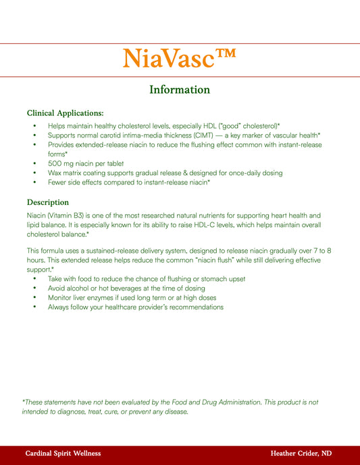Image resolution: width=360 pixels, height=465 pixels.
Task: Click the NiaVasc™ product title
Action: click(x=180, y=59)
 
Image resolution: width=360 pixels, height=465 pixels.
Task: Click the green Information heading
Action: click(x=180, y=90)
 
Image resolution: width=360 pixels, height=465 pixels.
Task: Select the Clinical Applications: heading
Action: click(x=65, y=113)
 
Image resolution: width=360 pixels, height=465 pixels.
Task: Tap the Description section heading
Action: click(x=47, y=202)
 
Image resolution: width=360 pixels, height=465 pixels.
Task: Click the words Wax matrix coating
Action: click(x=76, y=173)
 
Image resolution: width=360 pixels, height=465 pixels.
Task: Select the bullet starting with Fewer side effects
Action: click(x=128, y=183)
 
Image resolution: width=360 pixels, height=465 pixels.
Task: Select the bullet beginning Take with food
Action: click(x=146, y=279)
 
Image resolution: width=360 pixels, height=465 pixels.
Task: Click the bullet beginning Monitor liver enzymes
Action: click(x=132, y=298)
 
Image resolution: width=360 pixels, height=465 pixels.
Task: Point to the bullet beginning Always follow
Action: click(x=135, y=307)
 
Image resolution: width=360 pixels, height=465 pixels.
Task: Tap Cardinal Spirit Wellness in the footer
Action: click(x=63, y=454)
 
